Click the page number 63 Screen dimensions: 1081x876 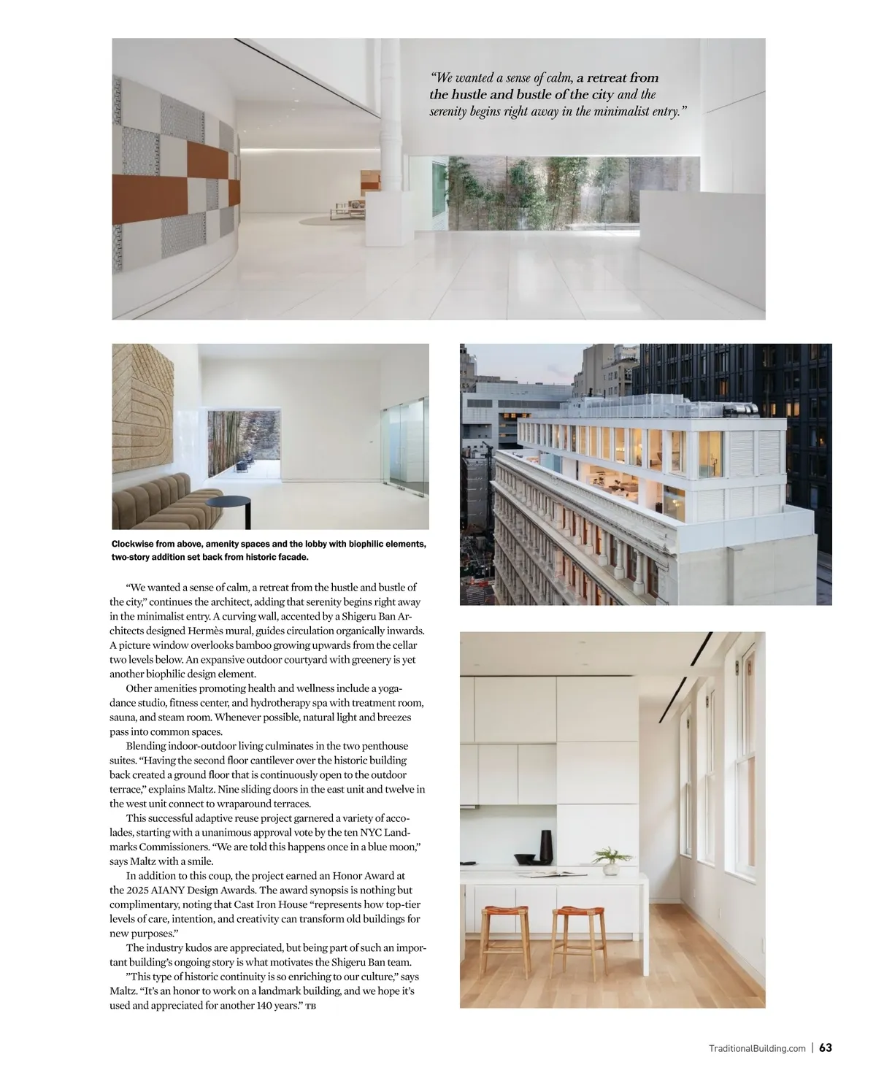tap(826, 1047)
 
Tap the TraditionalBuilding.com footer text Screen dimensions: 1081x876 tap(757, 1048)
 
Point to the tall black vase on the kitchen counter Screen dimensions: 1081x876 tap(546, 847)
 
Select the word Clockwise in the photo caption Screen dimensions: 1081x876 tap(136, 544)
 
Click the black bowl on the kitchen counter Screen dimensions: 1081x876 tap(526, 860)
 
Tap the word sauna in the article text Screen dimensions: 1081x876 tap(123, 718)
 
